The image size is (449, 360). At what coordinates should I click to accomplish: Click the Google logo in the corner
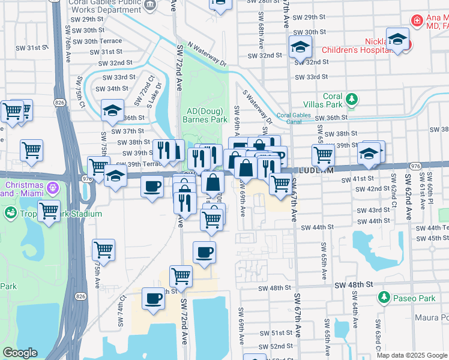click(20, 353)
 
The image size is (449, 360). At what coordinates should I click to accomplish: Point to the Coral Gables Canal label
click(295, 117)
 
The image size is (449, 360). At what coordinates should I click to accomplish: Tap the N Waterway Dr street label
click(206, 53)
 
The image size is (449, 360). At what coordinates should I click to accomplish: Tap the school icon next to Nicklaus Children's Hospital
click(397, 40)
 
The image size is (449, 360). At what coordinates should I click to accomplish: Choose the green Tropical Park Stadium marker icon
click(10, 213)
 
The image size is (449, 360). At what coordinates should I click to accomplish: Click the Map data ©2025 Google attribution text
click(412, 355)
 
